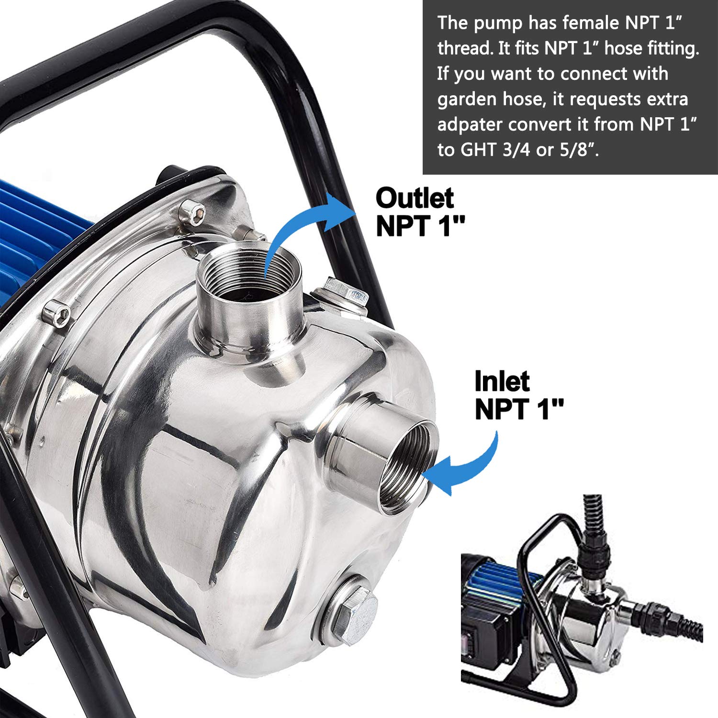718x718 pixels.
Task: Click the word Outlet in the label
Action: pos(415,198)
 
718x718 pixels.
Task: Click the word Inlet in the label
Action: pos(502,381)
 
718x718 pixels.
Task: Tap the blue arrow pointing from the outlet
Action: pos(306,225)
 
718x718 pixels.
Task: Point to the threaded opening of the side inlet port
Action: pos(407,467)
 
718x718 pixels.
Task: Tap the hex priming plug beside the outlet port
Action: pos(345,293)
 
